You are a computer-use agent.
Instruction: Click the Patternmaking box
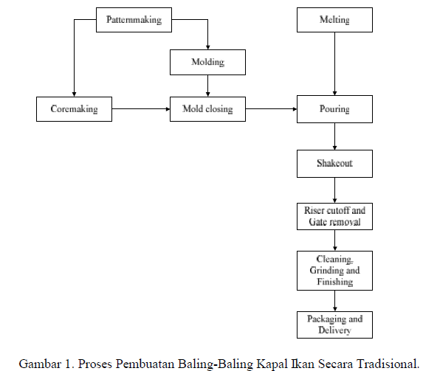coord(134,20)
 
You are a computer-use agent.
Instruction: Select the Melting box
coord(334,20)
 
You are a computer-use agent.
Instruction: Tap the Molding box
coord(207,62)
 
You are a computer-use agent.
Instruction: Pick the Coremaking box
coord(74,109)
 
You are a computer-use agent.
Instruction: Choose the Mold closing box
coord(207,109)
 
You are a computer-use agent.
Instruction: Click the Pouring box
coord(334,109)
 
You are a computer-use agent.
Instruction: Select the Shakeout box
coord(334,164)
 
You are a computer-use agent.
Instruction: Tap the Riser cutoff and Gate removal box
coord(334,217)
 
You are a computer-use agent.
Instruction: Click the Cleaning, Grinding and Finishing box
coord(334,271)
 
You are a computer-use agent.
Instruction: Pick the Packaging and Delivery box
coord(334,325)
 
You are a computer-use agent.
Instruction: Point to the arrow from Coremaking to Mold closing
coord(141,109)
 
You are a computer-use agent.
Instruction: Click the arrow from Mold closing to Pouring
coord(271,109)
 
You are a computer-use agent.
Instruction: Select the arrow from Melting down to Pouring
coord(335,64)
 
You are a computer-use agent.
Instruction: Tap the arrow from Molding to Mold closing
coord(207,86)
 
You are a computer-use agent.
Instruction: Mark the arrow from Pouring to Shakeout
coord(335,136)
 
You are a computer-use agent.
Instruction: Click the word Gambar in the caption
coord(40,364)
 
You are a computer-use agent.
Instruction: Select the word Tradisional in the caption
coord(387,364)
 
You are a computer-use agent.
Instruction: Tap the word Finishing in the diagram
coord(335,282)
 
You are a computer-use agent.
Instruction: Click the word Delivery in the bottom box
coord(334,330)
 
